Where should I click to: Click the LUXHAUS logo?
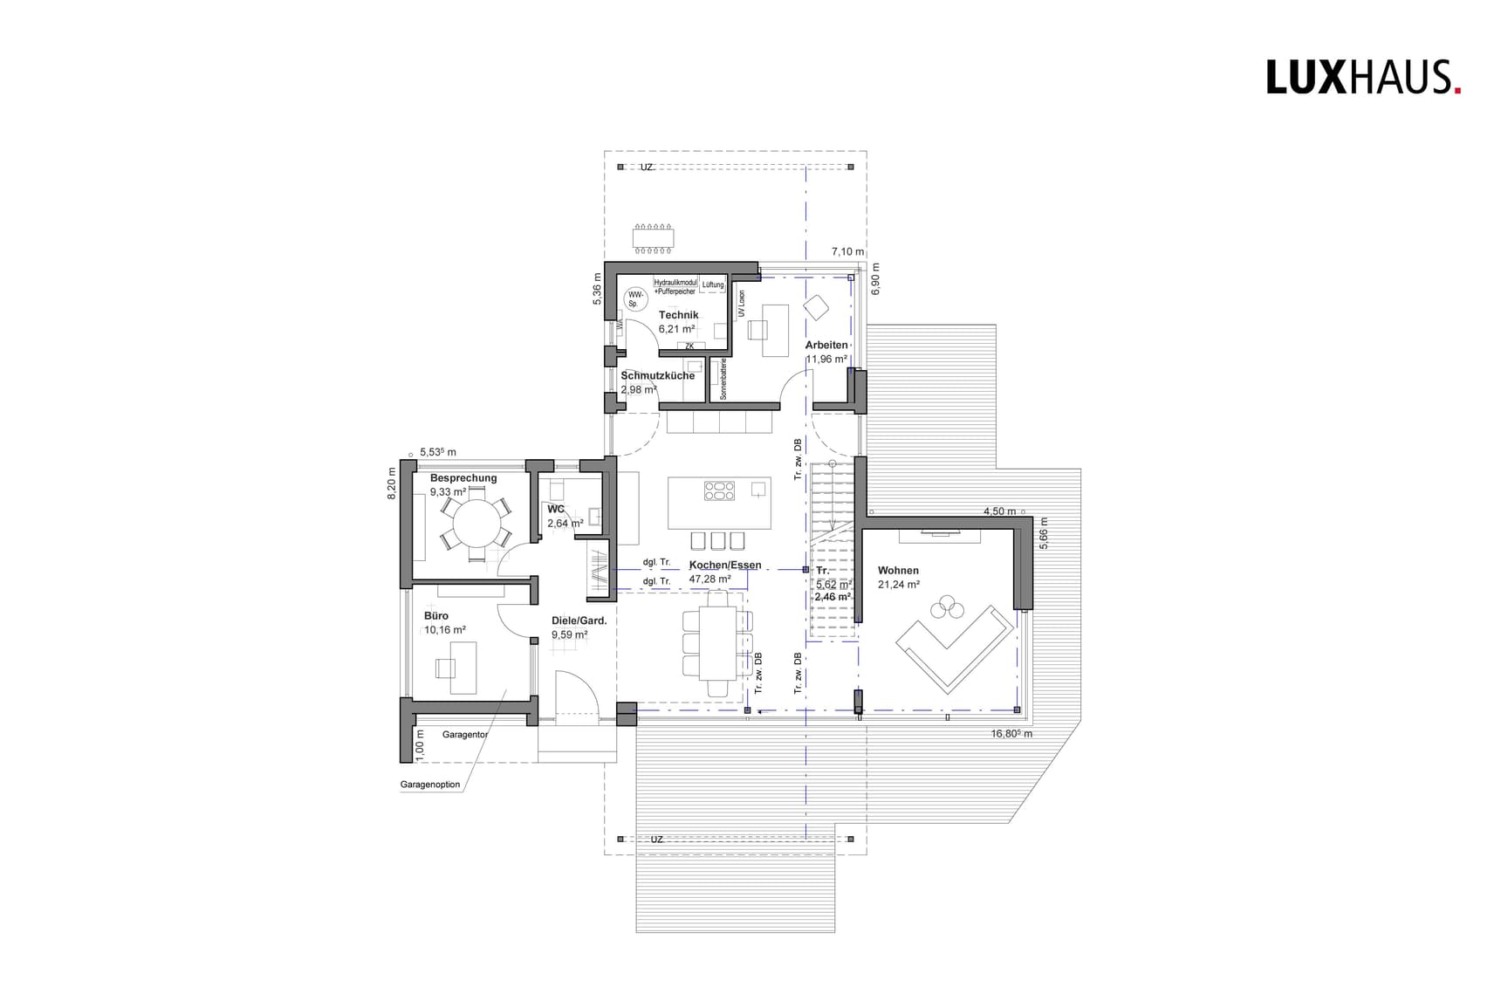(1363, 77)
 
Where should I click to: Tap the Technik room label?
(678, 315)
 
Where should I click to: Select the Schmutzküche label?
(657, 375)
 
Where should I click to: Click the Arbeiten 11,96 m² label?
(826, 352)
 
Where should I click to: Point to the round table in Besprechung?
(476, 523)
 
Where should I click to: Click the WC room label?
(556, 509)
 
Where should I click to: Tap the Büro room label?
(436, 616)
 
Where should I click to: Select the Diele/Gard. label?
(579, 621)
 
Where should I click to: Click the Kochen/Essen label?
(724, 566)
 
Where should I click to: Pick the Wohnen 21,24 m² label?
(898, 577)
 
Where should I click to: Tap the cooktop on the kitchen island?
(719, 491)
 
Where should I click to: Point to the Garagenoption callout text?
(430, 785)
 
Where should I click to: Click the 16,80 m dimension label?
(1011, 734)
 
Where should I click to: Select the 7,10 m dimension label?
(847, 251)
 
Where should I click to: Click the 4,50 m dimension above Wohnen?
(999, 511)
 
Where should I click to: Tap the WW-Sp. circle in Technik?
(634, 299)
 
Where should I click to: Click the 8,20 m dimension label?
(393, 484)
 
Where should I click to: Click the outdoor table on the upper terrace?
(654, 237)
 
